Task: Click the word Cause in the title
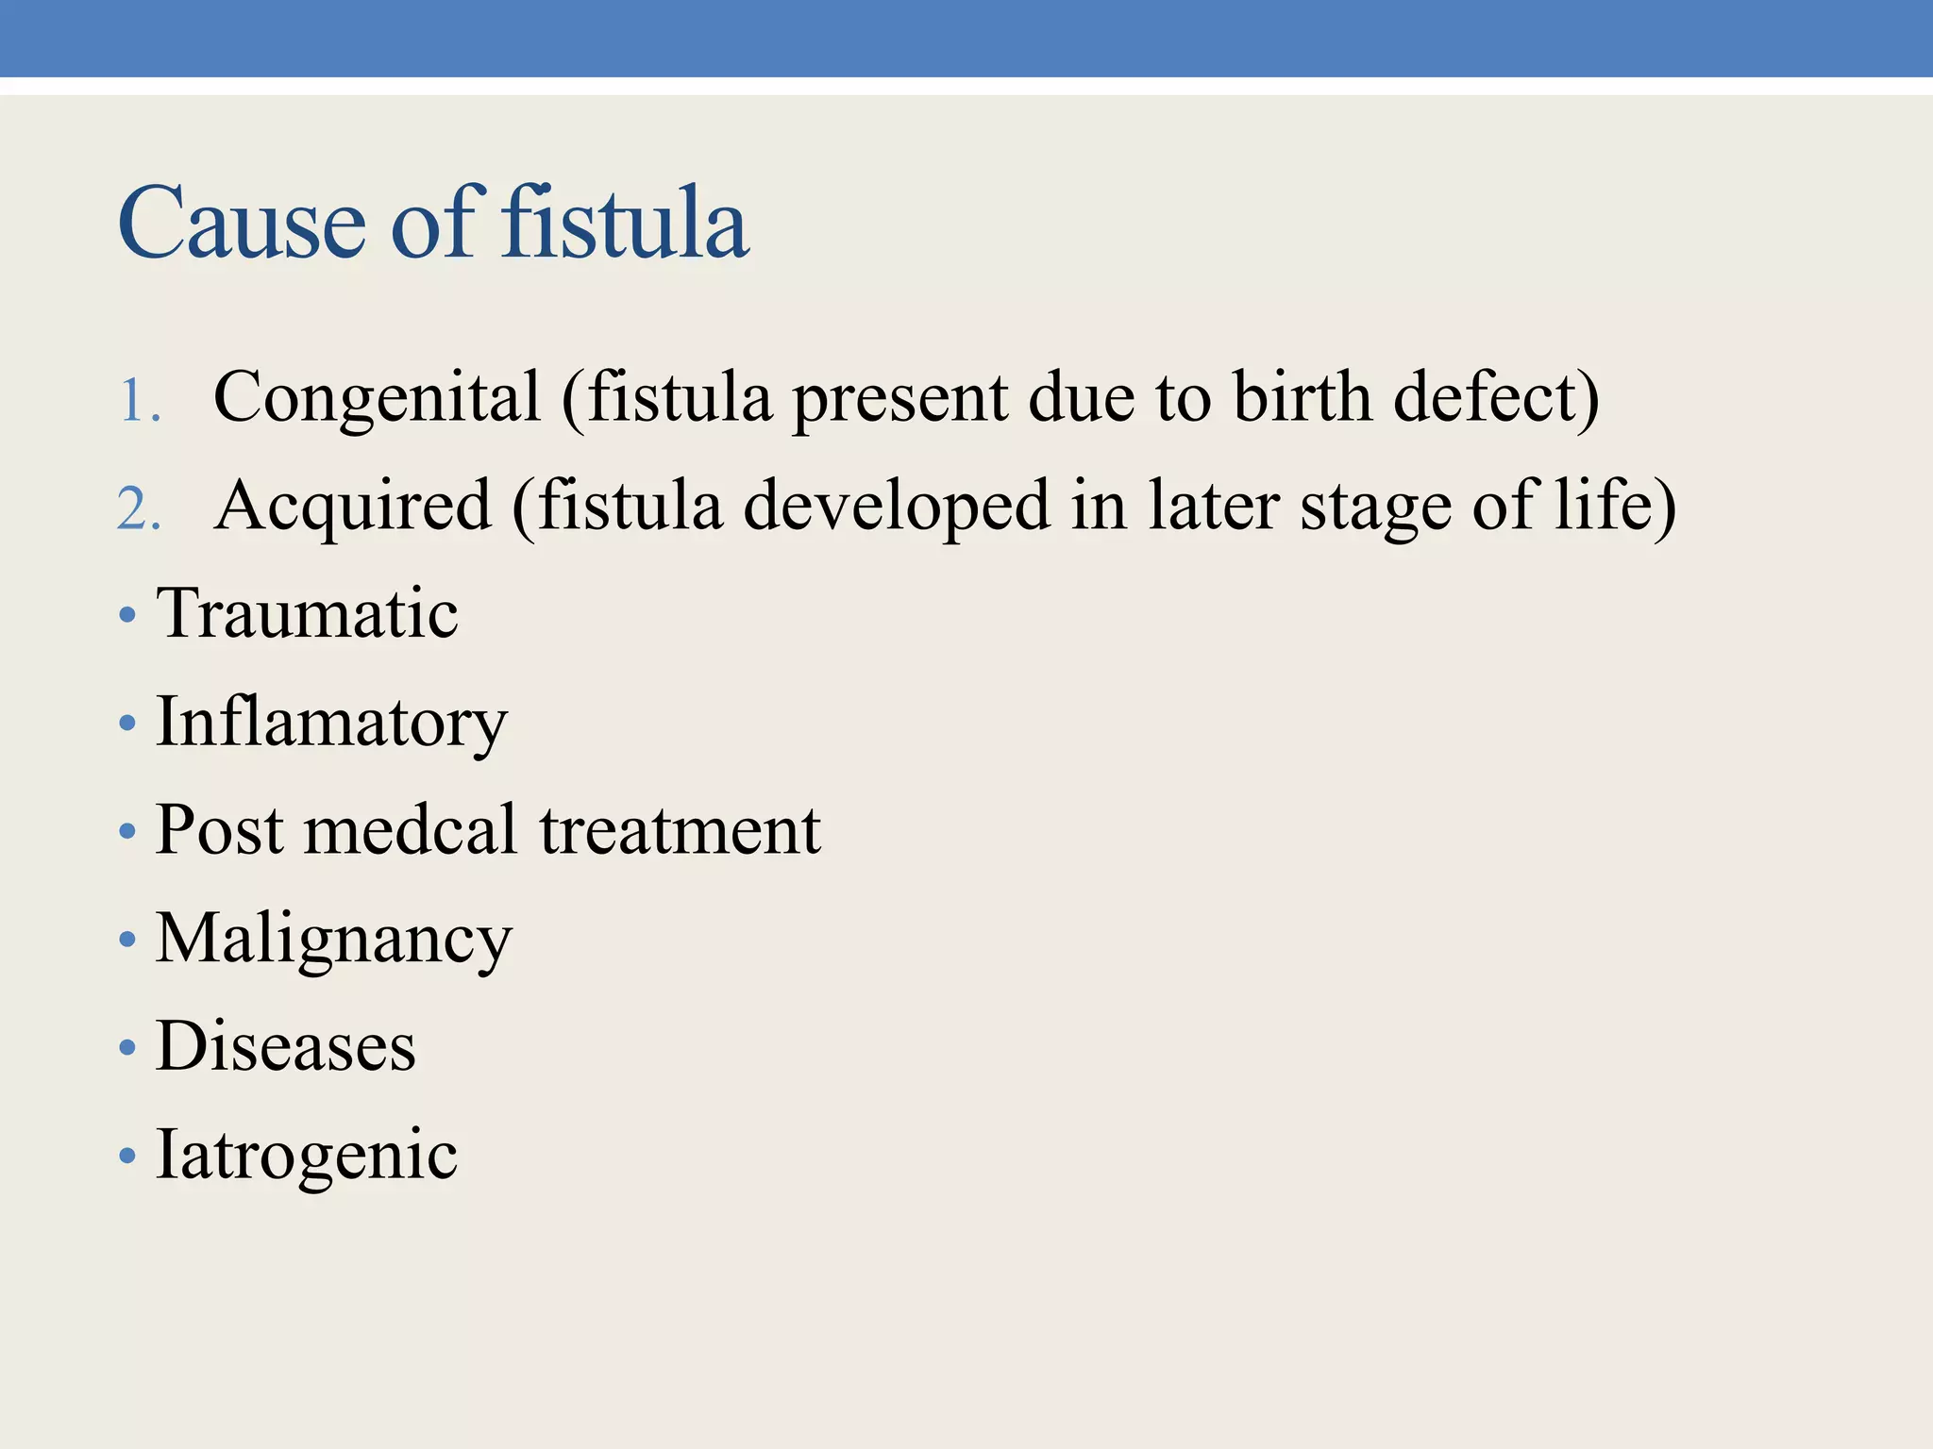click(x=242, y=225)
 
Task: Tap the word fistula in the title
click(x=625, y=223)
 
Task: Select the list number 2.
click(x=138, y=509)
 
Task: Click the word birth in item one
click(x=1303, y=396)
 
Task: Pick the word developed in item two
click(x=897, y=506)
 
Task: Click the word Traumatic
click(x=308, y=613)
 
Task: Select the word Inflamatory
click(x=331, y=723)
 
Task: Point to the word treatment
click(x=680, y=832)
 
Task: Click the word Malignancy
click(x=334, y=940)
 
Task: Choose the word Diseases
click(x=285, y=1047)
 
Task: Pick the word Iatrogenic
click(x=307, y=1155)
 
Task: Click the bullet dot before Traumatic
click(x=128, y=617)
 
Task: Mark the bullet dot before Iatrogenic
click(x=128, y=1157)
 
